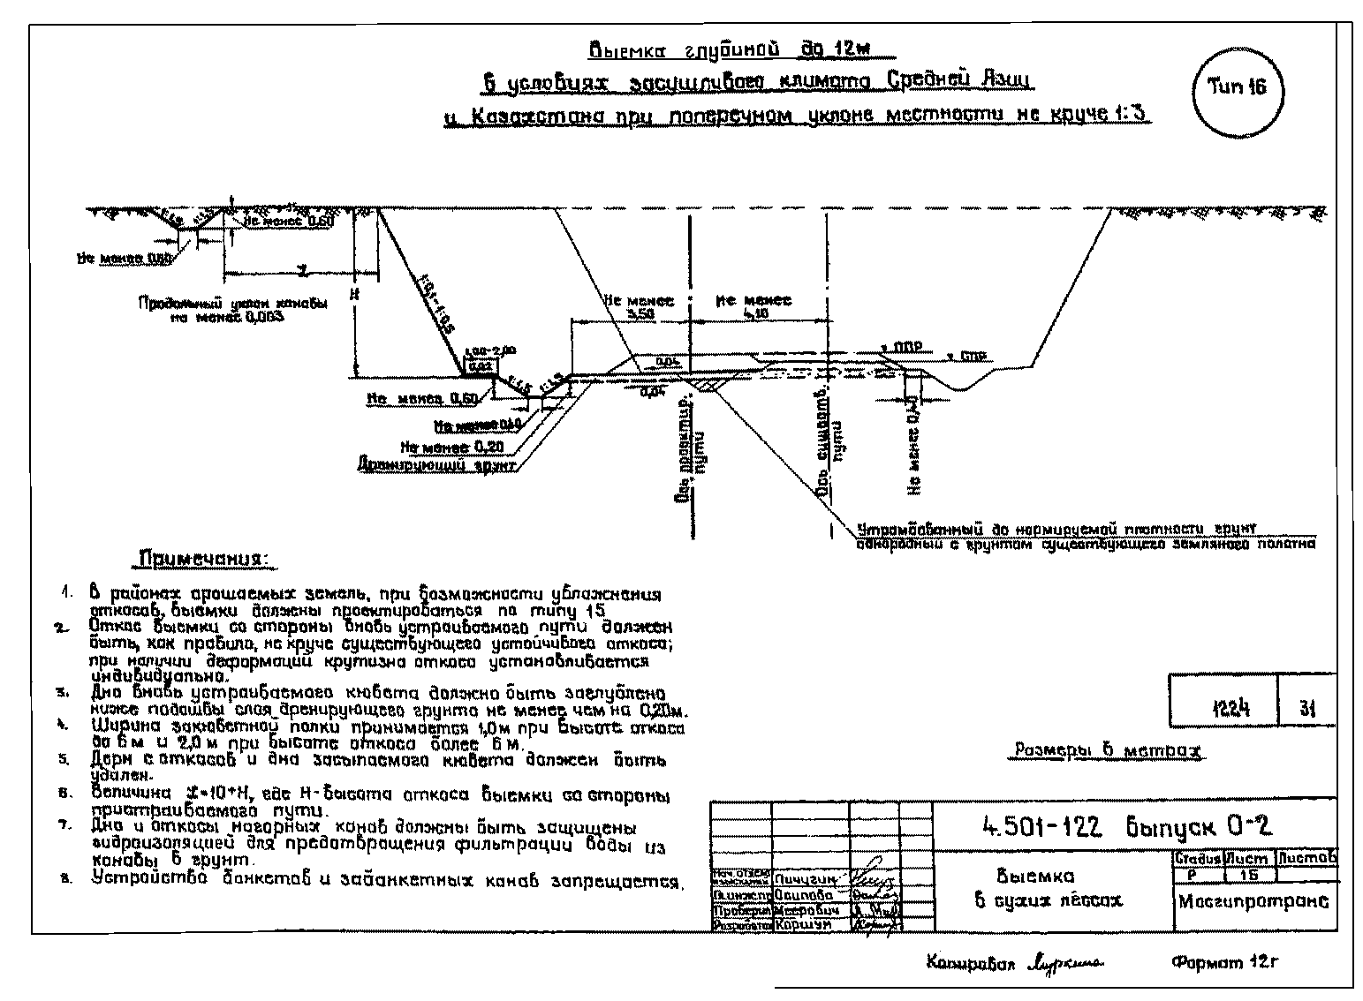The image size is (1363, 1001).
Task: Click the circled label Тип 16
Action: pyautogui.click(x=1237, y=87)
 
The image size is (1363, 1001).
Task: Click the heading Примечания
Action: pyautogui.click(x=206, y=561)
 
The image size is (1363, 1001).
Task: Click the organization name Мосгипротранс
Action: pyautogui.click(x=1253, y=902)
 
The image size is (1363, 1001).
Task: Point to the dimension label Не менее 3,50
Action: pyautogui.click(x=638, y=307)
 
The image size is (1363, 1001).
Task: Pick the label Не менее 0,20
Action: pyautogui.click(x=458, y=446)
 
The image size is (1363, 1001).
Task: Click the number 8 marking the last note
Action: pyautogui.click(x=64, y=880)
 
